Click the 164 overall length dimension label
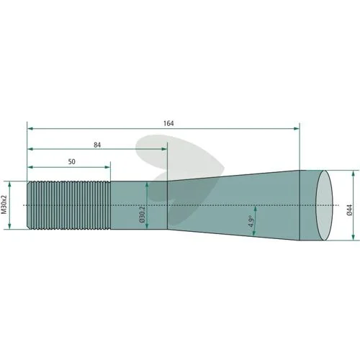[168, 123]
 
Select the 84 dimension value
[97, 145]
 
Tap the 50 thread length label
[71, 162]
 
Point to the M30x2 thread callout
[4, 204]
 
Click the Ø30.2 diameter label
[142, 213]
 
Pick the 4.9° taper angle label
[251, 221]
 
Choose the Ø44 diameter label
[349, 210]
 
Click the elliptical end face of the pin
[324, 205]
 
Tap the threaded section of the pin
[68, 205]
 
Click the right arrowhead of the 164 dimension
[297, 129]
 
